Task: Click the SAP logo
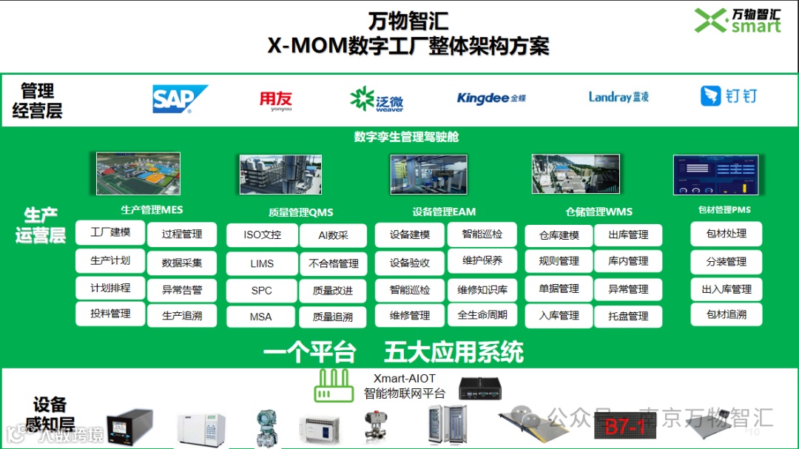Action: (179, 98)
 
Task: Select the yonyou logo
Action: (275, 100)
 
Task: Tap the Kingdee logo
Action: (491, 98)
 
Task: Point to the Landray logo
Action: (618, 97)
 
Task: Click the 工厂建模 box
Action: (110, 232)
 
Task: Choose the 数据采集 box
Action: (182, 263)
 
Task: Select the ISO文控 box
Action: (262, 235)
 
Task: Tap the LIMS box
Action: (262, 263)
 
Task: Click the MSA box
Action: (261, 317)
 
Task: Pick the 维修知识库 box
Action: (482, 290)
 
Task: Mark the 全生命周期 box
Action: (482, 315)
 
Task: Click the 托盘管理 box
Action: (628, 316)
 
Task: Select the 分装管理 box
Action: (726, 262)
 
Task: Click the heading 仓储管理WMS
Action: (599, 212)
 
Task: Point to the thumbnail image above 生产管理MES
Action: (138, 174)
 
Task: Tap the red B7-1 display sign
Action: (626, 426)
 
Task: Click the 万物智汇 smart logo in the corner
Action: (738, 20)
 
